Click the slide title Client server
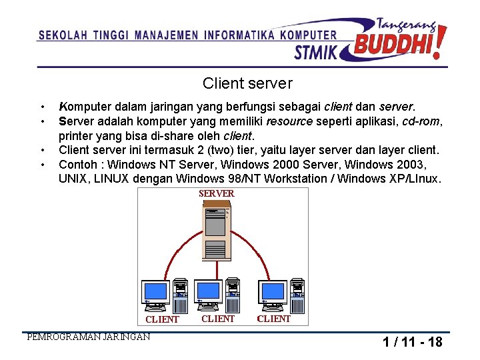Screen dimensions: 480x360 [x=247, y=83]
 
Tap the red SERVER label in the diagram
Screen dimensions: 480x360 [x=217, y=193]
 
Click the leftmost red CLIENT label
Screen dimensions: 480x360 [x=162, y=319]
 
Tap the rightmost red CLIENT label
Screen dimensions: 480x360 [x=273, y=319]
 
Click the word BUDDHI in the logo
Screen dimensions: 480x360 [x=396, y=45]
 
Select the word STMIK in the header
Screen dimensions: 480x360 [x=316, y=51]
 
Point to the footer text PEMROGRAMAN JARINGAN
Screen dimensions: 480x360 [x=88, y=337]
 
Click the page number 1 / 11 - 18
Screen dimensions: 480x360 [x=412, y=342]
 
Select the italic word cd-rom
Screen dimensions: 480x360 [x=424, y=121]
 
